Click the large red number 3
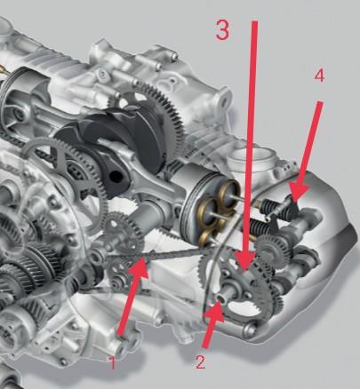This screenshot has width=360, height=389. [x=222, y=29]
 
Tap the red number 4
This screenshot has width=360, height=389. [x=319, y=76]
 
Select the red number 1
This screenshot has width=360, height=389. [x=112, y=363]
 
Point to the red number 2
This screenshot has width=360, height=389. [x=200, y=361]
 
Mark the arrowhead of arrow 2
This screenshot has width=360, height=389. [x=217, y=310]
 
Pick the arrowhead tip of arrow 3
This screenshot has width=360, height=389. [x=245, y=270]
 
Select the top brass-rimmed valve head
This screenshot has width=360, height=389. [x=228, y=192]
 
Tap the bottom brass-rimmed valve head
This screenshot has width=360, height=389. [x=206, y=238]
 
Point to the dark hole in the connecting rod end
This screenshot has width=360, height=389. [x=116, y=177]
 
